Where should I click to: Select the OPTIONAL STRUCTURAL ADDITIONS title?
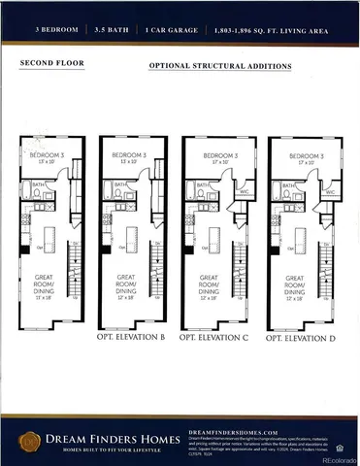pyautogui.click(x=219, y=66)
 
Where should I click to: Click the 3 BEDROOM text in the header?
pyautogui.click(x=53, y=31)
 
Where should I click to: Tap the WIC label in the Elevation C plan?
pyautogui.click(x=245, y=192)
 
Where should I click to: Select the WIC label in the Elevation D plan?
pyautogui.click(x=330, y=192)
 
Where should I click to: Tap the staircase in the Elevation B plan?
pyautogui.click(x=159, y=272)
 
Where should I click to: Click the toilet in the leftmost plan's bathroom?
pyautogui.click(x=36, y=194)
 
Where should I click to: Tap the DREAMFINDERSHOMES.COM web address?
pyautogui.click(x=233, y=431)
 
